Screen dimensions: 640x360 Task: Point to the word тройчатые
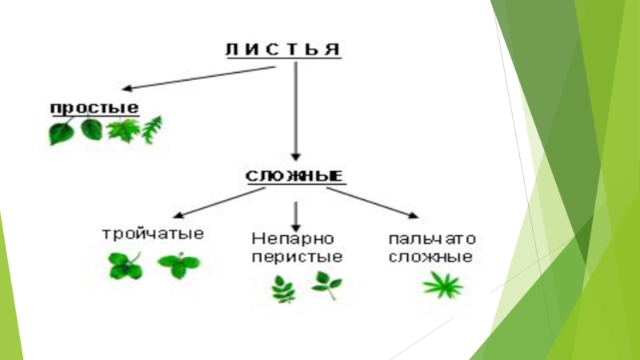click(153, 234)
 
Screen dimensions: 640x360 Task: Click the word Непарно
click(292, 239)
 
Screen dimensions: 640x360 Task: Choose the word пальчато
click(432, 239)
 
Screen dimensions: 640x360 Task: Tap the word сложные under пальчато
click(432, 258)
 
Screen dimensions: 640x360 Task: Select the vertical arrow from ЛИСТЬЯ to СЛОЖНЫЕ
click(297, 111)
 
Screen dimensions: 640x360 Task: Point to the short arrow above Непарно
click(297, 214)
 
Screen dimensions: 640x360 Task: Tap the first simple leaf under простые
click(61, 132)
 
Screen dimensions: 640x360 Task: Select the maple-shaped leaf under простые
click(122, 130)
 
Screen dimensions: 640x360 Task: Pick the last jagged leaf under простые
click(152, 130)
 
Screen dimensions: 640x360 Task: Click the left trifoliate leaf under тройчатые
click(125, 266)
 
